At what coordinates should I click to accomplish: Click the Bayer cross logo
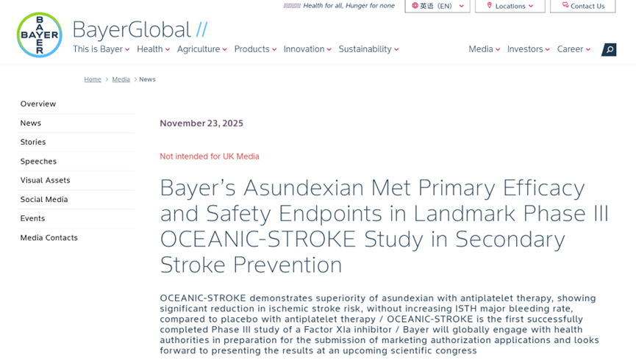pyautogui.click(x=40, y=35)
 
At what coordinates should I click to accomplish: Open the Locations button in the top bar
pyautogui.click(x=510, y=6)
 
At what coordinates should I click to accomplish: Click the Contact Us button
pyautogui.click(x=582, y=6)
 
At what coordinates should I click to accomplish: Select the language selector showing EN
pyautogui.click(x=437, y=6)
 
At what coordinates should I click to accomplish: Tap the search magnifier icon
pyautogui.click(x=609, y=49)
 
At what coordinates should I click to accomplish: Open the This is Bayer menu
pyautogui.click(x=101, y=49)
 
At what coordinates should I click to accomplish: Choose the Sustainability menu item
pyautogui.click(x=368, y=49)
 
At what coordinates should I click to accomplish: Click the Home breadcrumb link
pyautogui.click(x=93, y=79)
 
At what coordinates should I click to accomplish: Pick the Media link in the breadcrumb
pyautogui.click(x=121, y=79)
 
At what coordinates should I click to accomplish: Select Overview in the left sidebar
pyautogui.click(x=38, y=104)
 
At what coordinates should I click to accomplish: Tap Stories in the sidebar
pyautogui.click(x=33, y=143)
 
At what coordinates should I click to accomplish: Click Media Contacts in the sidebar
pyautogui.click(x=49, y=238)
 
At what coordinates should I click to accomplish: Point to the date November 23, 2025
pyautogui.click(x=201, y=123)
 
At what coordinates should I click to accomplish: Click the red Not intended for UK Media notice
pyautogui.click(x=210, y=156)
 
